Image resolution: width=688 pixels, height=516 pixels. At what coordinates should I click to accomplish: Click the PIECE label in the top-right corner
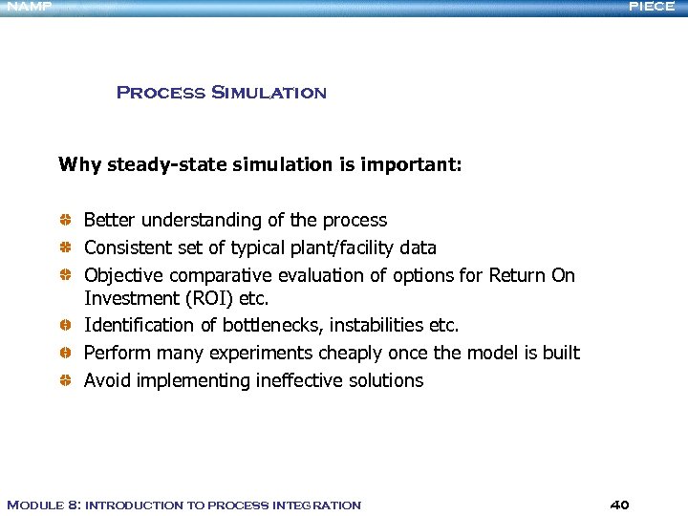652,7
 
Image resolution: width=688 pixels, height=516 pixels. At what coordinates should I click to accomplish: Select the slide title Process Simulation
221,93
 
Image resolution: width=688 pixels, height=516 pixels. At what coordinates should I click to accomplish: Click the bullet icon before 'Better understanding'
65,221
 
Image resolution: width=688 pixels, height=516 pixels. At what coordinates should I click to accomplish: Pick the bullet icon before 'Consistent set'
65,248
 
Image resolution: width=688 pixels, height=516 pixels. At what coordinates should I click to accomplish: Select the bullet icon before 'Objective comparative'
65,276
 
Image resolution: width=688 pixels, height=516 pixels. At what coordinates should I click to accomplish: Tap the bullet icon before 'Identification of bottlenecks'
65,326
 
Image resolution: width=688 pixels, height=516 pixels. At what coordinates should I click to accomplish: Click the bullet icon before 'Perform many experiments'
65,354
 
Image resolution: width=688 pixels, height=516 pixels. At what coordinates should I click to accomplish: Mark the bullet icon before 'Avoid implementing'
65,381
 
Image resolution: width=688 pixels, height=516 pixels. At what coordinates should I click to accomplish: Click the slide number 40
619,505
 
